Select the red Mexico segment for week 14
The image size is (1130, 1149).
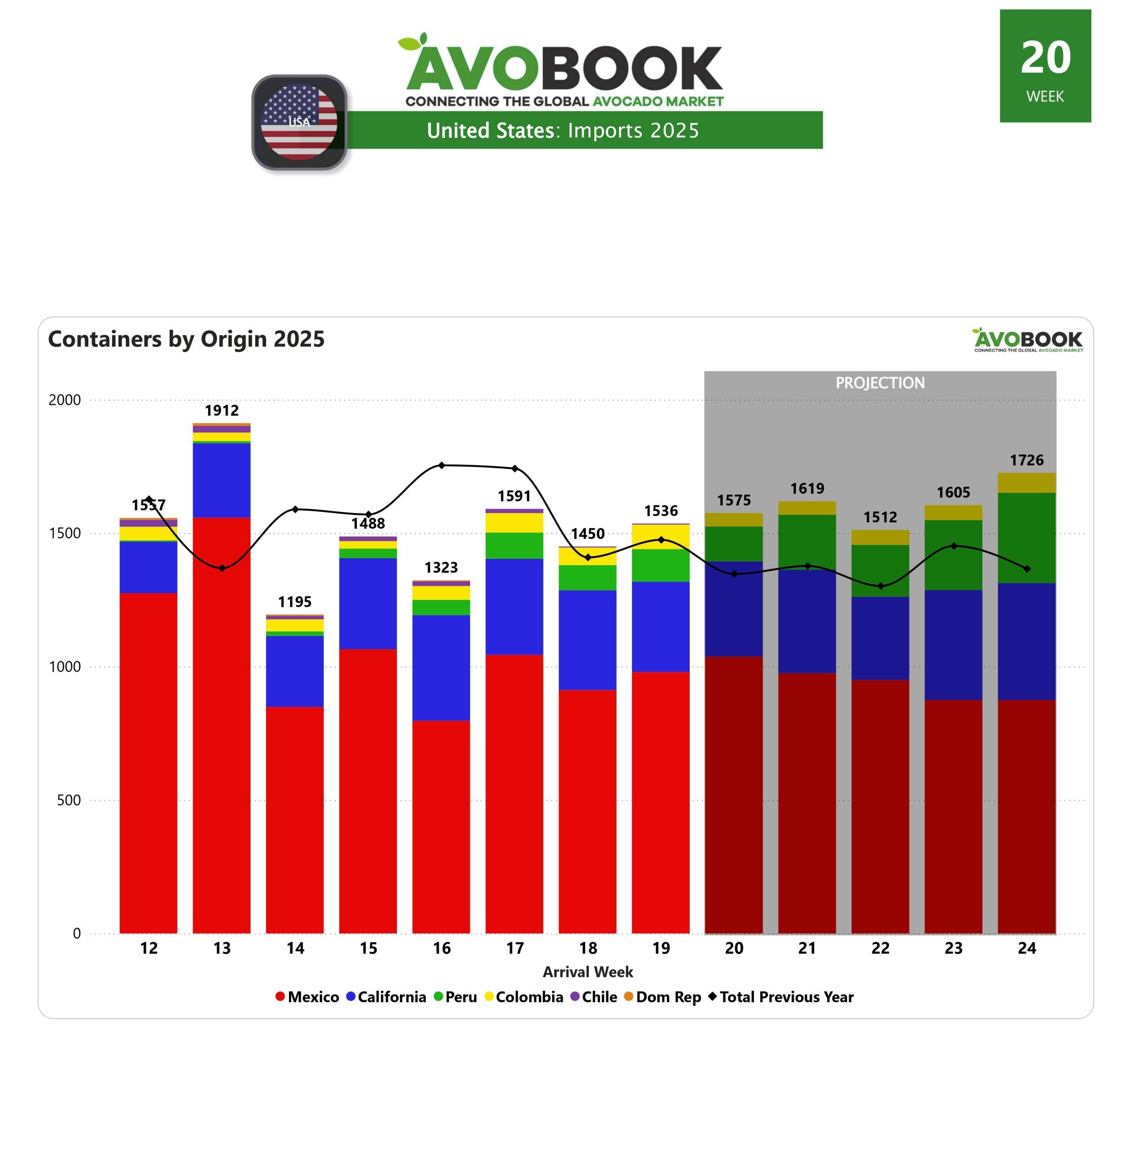(294, 819)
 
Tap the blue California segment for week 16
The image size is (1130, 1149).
(441, 668)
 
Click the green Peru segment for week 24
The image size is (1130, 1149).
(1026, 538)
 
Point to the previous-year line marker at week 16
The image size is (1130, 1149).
(442, 465)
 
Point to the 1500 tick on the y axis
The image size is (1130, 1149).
(65, 533)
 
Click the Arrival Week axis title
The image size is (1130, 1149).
(587, 972)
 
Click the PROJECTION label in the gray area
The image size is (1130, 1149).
(880, 383)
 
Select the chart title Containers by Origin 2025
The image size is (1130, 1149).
(186, 339)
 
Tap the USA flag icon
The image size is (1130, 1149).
(299, 122)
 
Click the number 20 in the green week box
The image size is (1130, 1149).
(1045, 58)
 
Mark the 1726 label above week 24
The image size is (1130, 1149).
(1026, 460)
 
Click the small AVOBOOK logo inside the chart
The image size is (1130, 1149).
(1027, 340)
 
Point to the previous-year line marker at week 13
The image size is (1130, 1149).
(222, 568)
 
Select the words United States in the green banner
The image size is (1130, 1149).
(490, 131)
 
